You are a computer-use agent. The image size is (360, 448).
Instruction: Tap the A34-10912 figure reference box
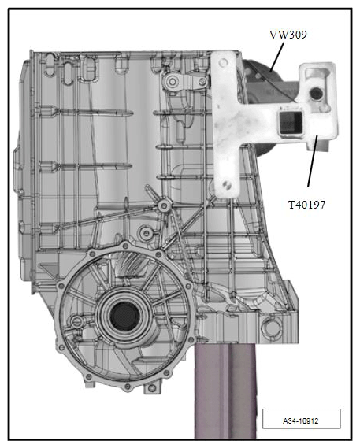point(301,419)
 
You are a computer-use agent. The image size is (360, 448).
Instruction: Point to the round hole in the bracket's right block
point(317,94)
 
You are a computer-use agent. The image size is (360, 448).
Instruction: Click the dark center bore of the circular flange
point(124,317)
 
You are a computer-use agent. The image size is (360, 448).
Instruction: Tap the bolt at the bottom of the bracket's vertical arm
point(228,186)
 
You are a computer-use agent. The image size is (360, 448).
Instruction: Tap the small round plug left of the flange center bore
point(76,322)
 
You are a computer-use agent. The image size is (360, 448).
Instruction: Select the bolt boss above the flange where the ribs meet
point(164,206)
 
